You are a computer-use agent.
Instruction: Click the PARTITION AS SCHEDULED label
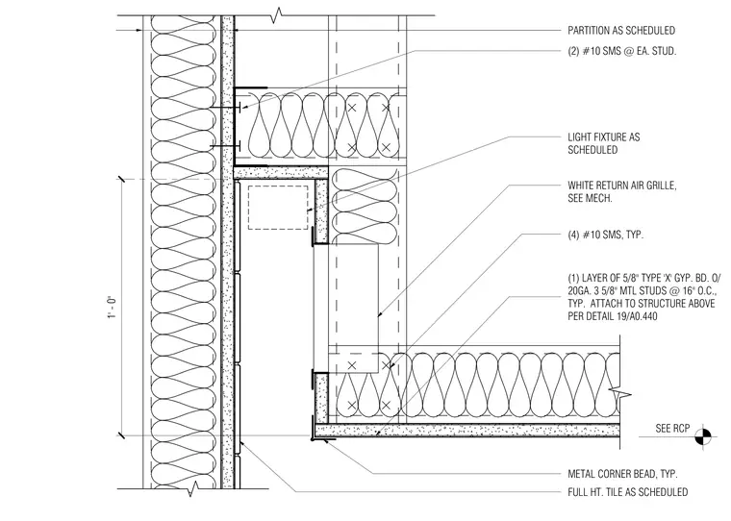(621, 31)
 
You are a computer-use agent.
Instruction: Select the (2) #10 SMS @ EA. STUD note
(621, 51)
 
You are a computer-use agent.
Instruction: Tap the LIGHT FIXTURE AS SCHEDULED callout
(604, 143)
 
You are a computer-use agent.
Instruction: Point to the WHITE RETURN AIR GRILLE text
(621, 186)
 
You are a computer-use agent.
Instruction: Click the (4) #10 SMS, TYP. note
(605, 235)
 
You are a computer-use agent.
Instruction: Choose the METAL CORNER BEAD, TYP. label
(622, 474)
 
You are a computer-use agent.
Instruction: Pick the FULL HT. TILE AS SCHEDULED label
(627, 492)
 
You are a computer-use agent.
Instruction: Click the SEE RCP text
(672, 429)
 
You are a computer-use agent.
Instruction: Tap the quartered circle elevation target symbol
(703, 437)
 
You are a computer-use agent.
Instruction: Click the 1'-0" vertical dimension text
(112, 308)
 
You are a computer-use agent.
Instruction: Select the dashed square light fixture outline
(278, 208)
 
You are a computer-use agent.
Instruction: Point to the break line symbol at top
(278, 15)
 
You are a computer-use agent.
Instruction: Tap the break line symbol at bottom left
(192, 489)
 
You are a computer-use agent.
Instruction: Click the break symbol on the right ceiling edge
(621, 395)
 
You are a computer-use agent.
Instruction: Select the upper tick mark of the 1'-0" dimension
(122, 180)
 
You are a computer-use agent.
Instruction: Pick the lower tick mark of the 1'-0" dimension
(122, 435)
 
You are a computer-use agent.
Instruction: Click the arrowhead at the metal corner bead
(327, 441)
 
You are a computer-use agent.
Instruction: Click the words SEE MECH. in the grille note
(590, 199)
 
